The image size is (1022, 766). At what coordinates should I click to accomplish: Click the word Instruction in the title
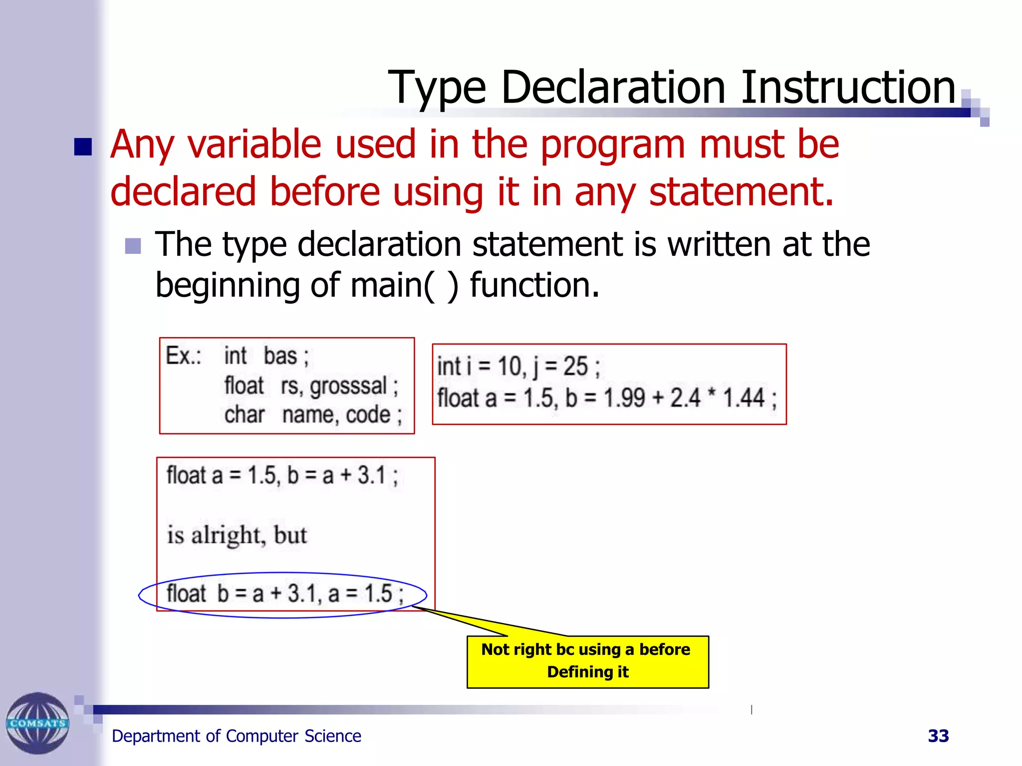(x=847, y=88)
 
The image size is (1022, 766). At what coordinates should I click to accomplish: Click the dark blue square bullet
(x=83, y=147)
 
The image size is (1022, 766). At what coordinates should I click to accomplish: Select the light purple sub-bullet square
(x=133, y=246)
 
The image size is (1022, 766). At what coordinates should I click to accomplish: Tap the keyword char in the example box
(x=244, y=415)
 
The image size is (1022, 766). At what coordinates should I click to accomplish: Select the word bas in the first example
(x=280, y=356)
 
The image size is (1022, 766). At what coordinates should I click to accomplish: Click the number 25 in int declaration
(x=575, y=367)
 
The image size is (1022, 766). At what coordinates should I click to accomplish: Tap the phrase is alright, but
(x=237, y=535)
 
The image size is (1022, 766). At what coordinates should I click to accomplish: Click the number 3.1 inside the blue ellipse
(x=302, y=593)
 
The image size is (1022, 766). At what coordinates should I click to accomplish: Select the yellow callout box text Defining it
(x=587, y=672)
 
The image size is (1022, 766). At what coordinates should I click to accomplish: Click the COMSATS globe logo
(x=37, y=723)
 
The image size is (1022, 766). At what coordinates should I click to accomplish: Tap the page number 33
(x=938, y=736)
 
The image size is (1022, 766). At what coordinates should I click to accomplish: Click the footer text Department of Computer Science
(x=236, y=736)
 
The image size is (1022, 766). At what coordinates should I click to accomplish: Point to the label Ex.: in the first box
(x=183, y=356)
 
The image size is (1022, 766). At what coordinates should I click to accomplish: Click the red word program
(x=612, y=145)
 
